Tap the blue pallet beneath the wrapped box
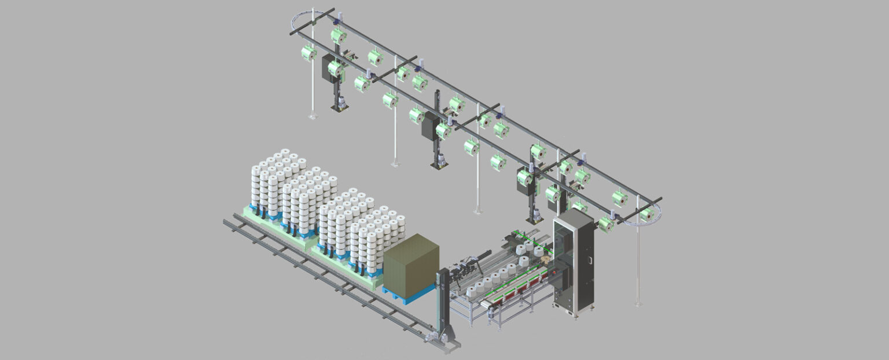click(x=409, y=294)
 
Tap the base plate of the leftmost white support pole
click(x=313, y=117)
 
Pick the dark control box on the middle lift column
click(x=429, y=125)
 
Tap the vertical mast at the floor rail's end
click(x=443, y=301)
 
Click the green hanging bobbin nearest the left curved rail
click(x=308, y=53)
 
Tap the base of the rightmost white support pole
click(x=638, y=303)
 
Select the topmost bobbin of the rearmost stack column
click(x=285, y=153)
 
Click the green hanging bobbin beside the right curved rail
click(x=646, y=215)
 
